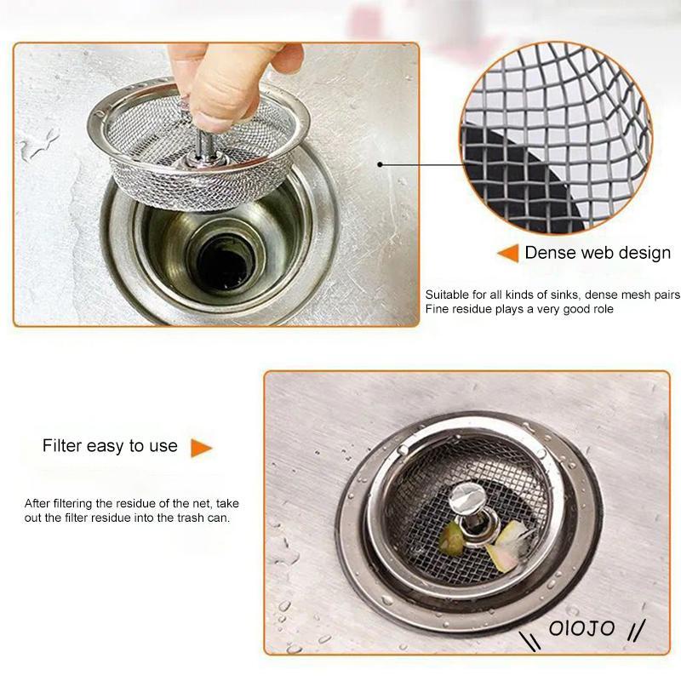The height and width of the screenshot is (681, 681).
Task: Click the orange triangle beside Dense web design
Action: pos(508,253)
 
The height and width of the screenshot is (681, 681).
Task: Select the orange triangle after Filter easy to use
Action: pos(201,448)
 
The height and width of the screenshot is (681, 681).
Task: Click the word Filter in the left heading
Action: pos(62,445)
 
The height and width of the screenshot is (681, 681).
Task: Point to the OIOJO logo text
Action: pos(581,628)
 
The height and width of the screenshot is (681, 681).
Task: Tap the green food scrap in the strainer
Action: pos(452,538)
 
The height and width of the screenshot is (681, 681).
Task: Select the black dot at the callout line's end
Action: pos(380,164)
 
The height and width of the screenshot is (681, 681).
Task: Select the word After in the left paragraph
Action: pos(37,503)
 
